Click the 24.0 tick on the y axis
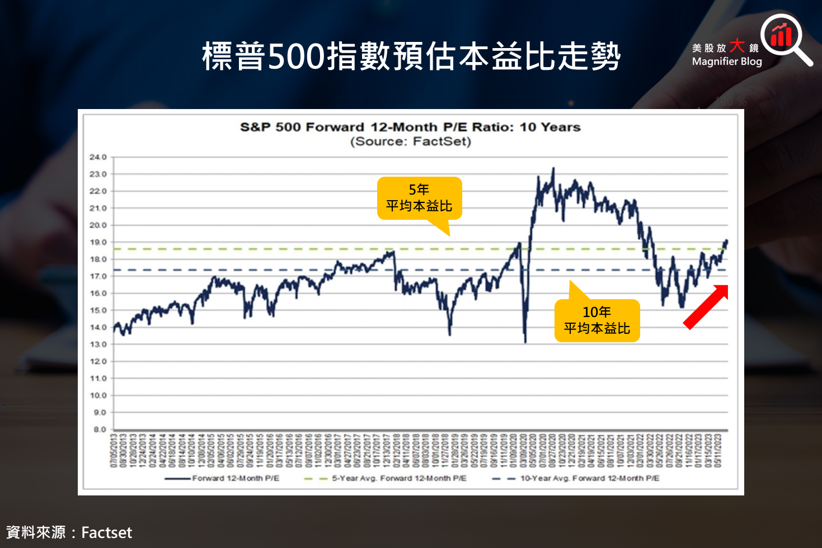98,157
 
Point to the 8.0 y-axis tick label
99,429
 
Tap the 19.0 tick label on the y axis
98,242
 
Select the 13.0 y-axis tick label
98,344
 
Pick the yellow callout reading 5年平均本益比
419,199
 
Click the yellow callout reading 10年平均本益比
596,320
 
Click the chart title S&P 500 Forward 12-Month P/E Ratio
410,127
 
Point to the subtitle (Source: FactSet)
410,141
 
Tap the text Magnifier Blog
727,62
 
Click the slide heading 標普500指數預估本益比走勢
411,56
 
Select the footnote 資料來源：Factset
69,532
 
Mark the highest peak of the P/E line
553,168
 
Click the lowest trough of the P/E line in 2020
525,342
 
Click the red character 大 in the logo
738,45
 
